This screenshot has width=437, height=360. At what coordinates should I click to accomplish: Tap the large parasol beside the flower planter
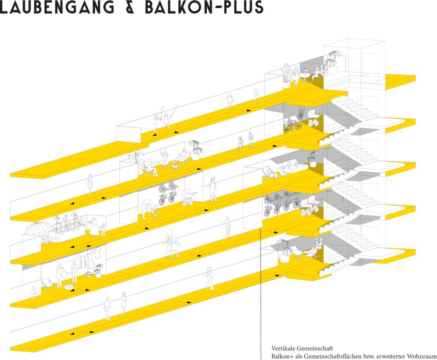pos(38,228)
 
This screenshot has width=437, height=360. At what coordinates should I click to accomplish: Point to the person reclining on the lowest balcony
pos(313,253)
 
